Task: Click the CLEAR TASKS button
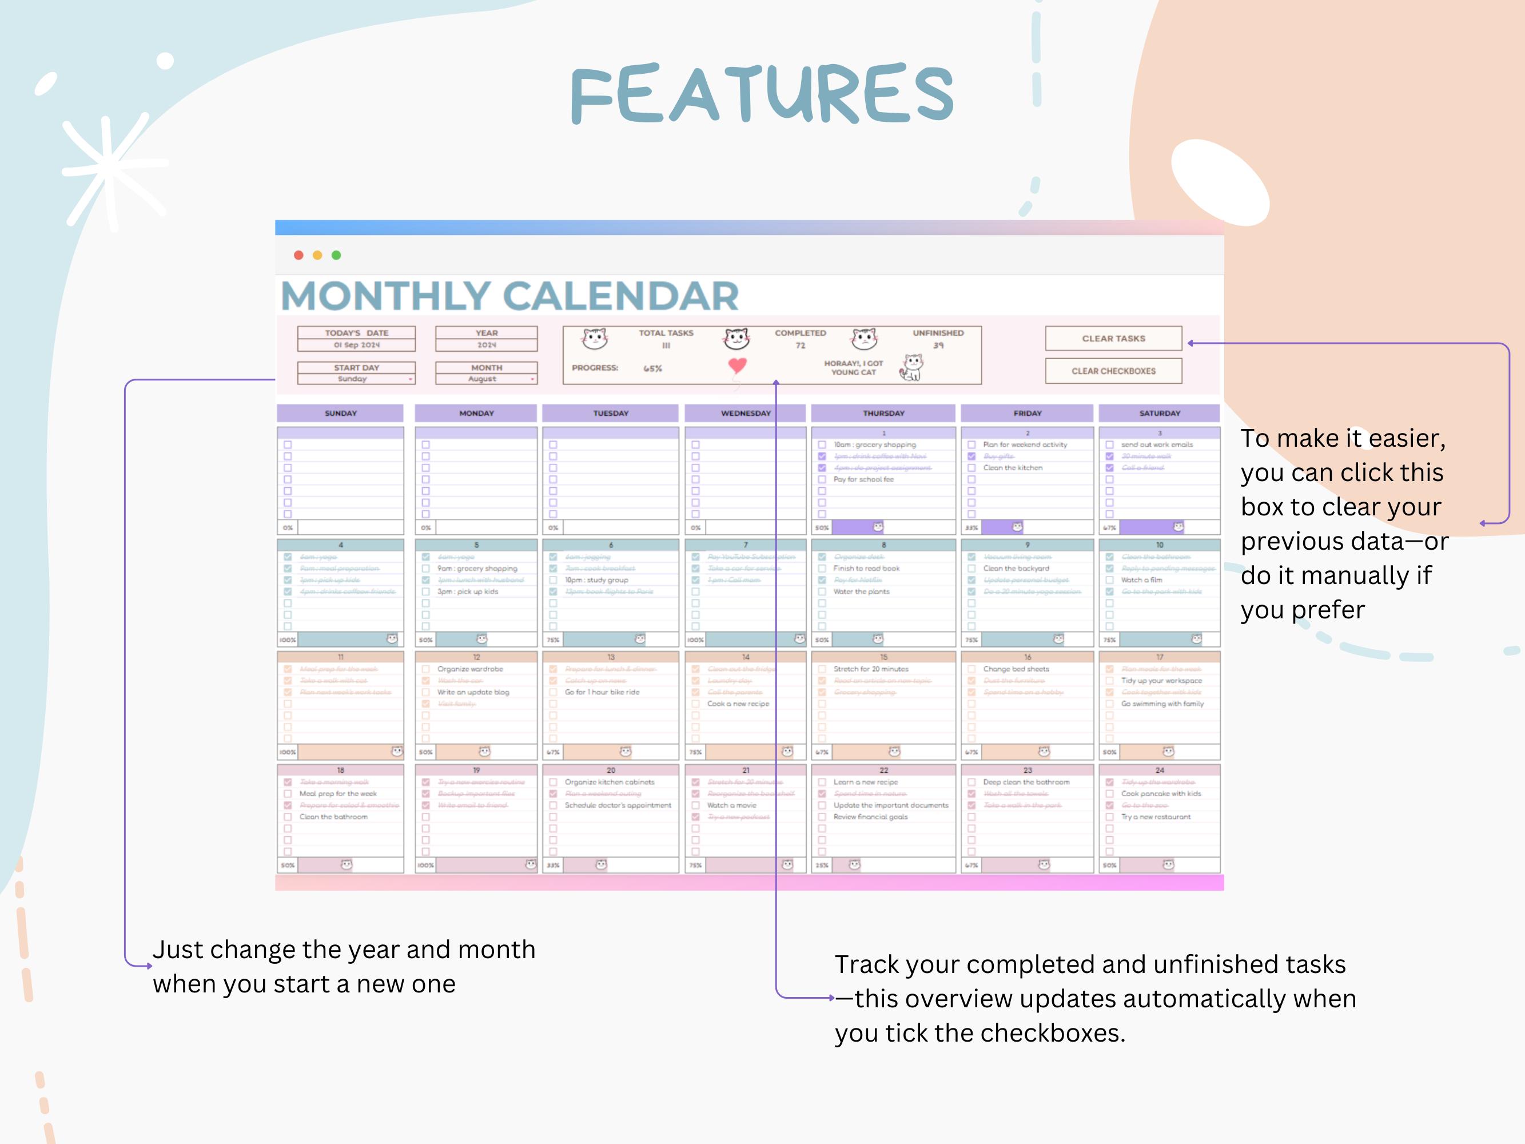[x=1113, y=339]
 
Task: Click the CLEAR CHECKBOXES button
[x=1113, y=371]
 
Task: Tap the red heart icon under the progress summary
[x=737, y=365]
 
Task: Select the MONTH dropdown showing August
[x=486, y=379]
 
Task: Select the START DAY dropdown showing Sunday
[x=356, y=379]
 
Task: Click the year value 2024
[x=486, y=345]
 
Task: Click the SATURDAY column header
[x=1159, y=413]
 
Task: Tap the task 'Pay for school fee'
[x=863, y=479]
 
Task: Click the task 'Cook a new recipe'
[x=738, y=704]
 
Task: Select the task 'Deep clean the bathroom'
[x=1026, y=782]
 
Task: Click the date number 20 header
[x=610, y=770]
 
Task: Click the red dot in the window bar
[x=298, y=255]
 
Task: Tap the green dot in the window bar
[x=336, y=255]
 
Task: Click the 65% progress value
[x=652, y=368]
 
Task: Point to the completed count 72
[x=800, y=345]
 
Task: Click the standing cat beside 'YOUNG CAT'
[x=912, y=368]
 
